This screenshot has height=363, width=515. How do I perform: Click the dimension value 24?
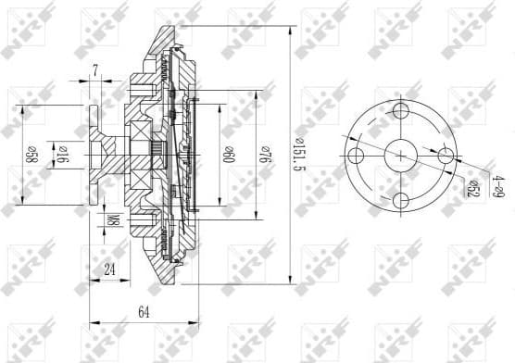click(x=109, y=270)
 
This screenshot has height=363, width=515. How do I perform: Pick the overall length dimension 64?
click(x=144, y=312)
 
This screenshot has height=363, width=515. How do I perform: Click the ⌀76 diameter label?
click(x=266, y=150)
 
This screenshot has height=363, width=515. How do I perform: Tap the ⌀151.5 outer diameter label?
click(x=298, y=148)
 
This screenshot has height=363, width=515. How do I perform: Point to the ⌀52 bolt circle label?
click(x=472, y=188)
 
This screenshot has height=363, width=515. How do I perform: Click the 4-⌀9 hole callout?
click(x=497, y=186)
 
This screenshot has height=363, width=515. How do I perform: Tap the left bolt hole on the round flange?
click(x=357, y=156)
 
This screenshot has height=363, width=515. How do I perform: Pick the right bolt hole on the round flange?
click(x=446, y=156)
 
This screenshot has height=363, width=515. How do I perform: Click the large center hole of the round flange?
click(x=401, y=156)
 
